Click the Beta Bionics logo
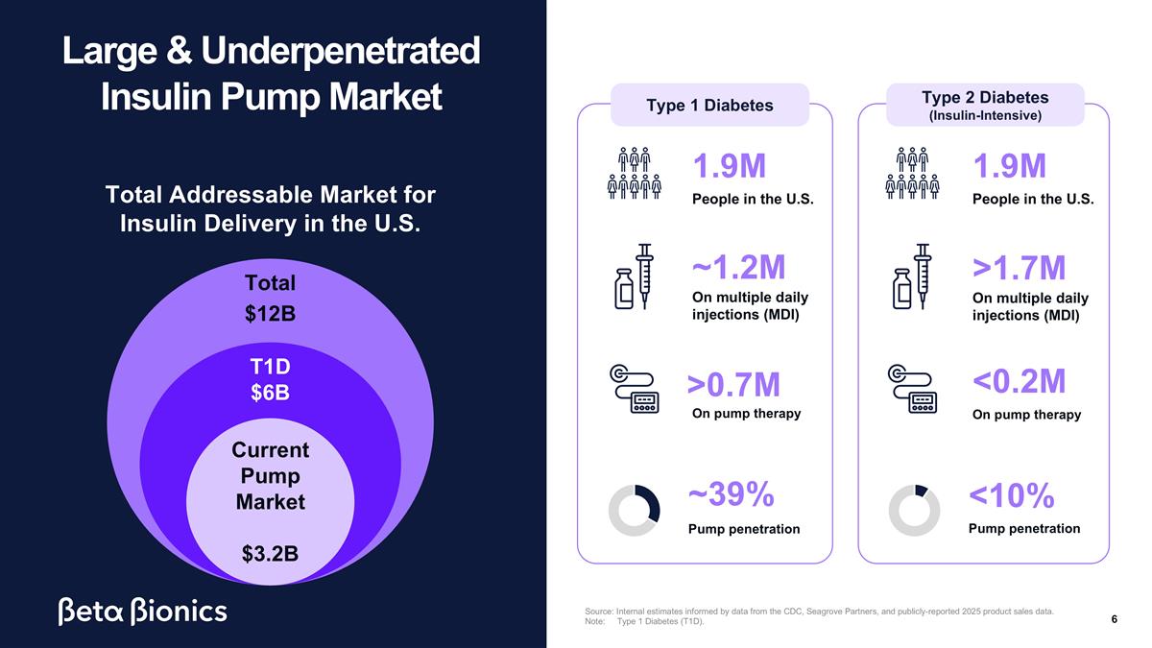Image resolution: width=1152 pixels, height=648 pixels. pos(142,612)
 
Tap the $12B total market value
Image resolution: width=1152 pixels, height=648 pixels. pos(270,314)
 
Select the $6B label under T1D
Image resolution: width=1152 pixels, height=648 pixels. pos(270,393)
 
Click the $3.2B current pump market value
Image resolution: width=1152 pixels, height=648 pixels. pos(270,554)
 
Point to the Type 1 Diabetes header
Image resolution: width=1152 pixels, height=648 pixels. pos(709,106)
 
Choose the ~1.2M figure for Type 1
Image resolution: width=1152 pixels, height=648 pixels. pos(738,267)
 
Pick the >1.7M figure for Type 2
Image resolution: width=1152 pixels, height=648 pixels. pos(1019,268)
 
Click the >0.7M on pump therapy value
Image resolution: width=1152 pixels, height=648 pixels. pos(733,385)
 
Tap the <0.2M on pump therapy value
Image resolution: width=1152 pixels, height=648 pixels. pos(1019,381)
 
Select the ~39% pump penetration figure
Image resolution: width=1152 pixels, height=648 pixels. pos(731,494)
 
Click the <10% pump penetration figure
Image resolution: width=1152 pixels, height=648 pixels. pos(1011,495)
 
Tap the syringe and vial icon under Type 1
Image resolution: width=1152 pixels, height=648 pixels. pos(635,276)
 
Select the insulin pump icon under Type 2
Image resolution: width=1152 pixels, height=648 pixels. pos(912,389)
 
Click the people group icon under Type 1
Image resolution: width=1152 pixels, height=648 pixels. pos(635,173)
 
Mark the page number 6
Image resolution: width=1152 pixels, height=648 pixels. pos(1114,619)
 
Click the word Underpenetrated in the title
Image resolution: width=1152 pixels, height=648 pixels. pos(341,51)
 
